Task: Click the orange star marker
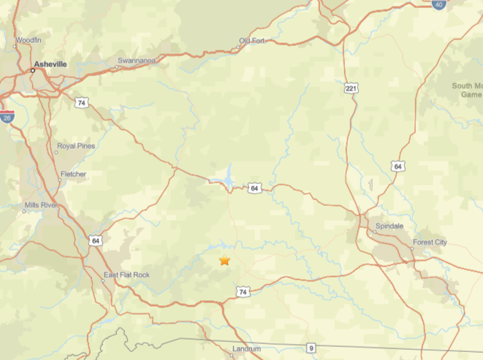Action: (x=224, y=261)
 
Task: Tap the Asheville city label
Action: (x=50, y=64)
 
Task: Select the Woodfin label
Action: (x=28, y=39)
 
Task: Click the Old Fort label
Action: (x=252, y=40)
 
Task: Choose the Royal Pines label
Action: (x=76, y=146)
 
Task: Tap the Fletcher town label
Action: (x=73, y=175)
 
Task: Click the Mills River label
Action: (x=41, y=206)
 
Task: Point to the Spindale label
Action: (x=389, y=226)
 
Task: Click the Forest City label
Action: (x=430, y=242)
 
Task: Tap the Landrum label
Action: (x=246, y=349)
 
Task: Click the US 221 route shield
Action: (x=351, y=88)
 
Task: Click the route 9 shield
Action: (x=311, y=348)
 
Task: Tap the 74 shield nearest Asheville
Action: (x=81, y=102)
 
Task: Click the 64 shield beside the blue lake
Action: (x=254, y=188)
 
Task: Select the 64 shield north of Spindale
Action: (x=398, y=166)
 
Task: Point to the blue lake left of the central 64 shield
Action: (x=227, y=178)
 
